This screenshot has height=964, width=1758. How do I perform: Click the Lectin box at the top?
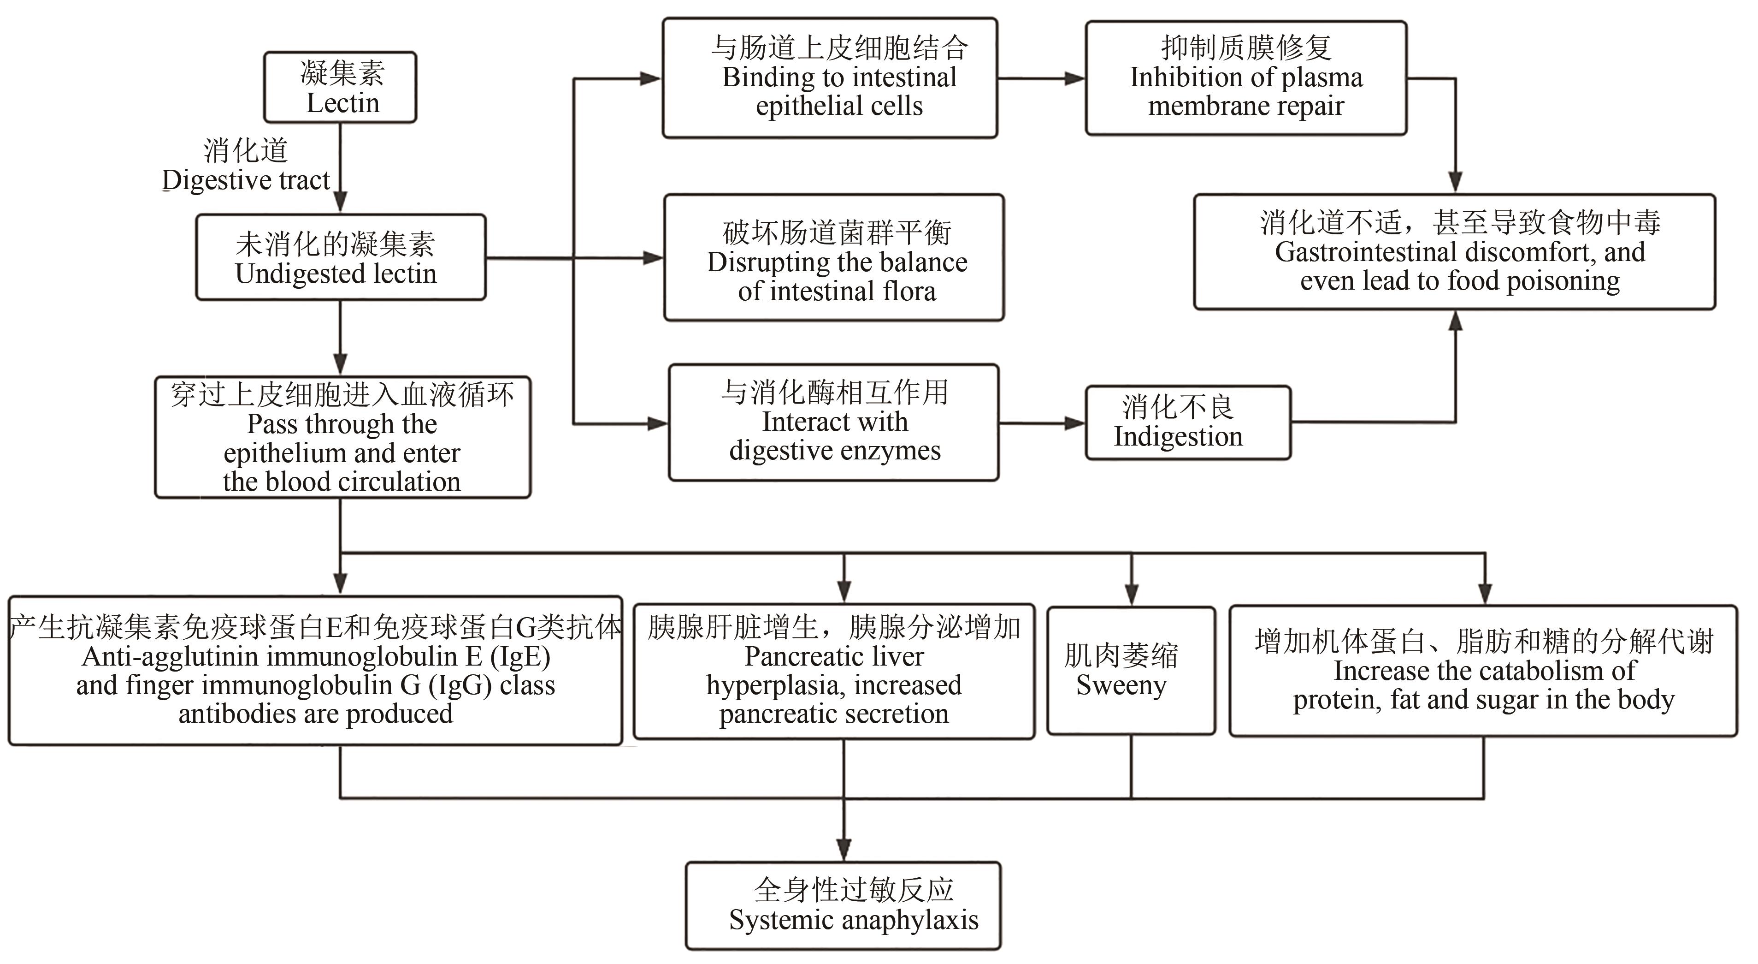click(x=341, y=87)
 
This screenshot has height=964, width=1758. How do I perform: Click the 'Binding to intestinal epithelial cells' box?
click(x=830, y=78)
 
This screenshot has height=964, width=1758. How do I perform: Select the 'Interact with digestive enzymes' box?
click(x=834, y=422)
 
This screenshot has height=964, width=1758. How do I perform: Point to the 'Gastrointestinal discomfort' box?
click(x=1455, y=252)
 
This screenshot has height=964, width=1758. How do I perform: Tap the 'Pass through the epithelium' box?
click(x=342, y=437)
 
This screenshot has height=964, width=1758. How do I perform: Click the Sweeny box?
click(x=1131, y=671)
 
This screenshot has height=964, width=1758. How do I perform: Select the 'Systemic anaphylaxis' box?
click(x=844, y=905)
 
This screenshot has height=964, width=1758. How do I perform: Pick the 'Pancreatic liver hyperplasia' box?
click(x=834, y=671)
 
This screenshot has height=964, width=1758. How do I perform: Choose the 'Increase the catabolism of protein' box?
click(x=1483, y=671)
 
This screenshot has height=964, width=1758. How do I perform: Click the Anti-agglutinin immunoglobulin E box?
click(x=315, y=671)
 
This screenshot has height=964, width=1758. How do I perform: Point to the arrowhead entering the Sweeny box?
click(x=1132, y=594)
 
